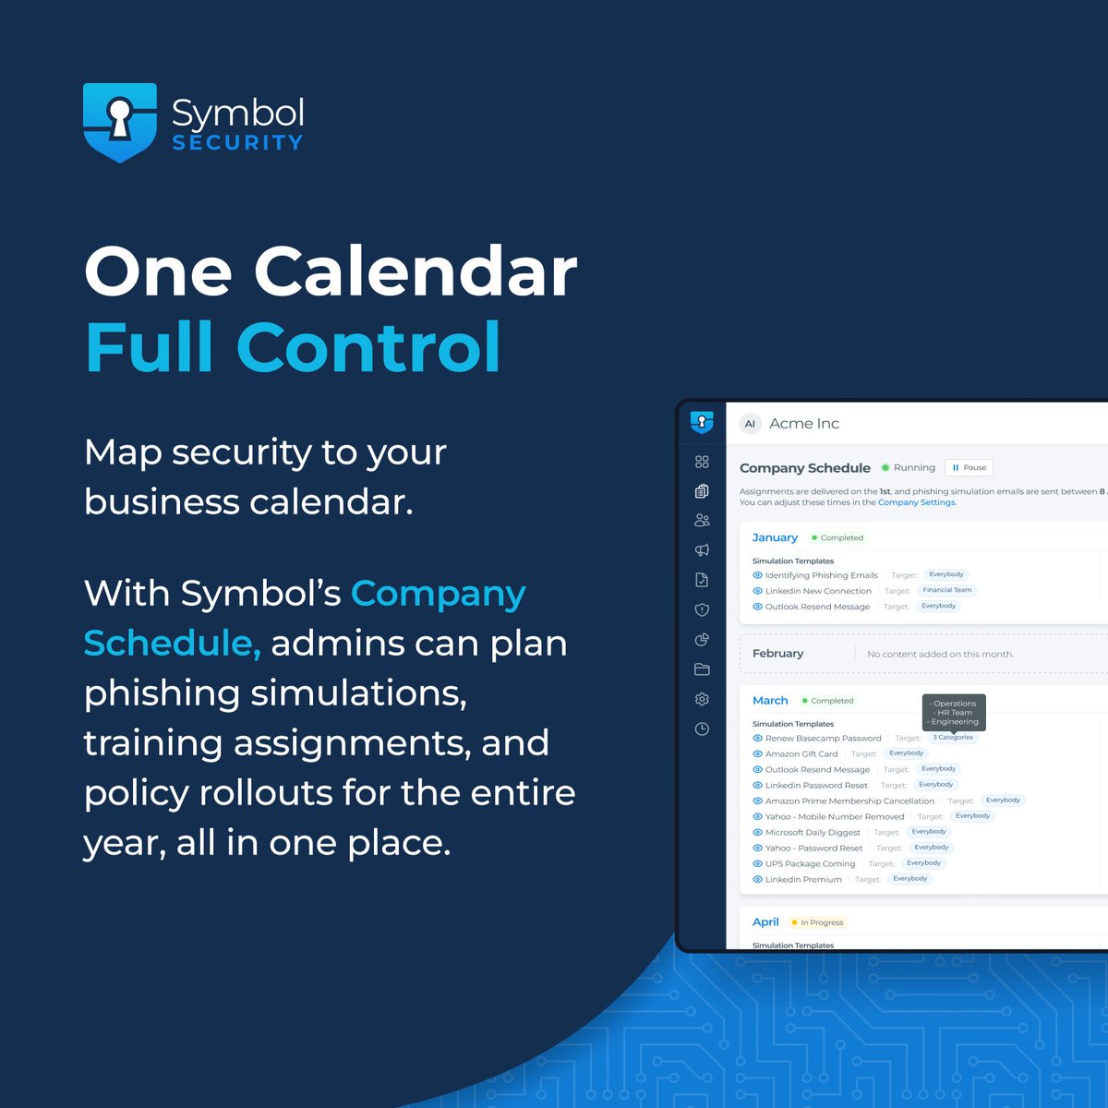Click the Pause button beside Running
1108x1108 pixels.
(x=969, y=468)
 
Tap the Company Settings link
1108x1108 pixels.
(x=917, y=503)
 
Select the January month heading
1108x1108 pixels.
(x=775, y=537)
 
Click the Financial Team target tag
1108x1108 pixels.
(x=946, y=590)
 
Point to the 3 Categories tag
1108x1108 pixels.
(x=952, y=738)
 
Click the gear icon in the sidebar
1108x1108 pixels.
(x=702, y=699)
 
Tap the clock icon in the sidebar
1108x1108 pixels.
(x=702, y=729)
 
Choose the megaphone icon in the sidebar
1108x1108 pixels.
(x=702, y=550)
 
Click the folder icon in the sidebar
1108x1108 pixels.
(x=702, y=669)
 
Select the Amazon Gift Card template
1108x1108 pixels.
(x=801, y=754)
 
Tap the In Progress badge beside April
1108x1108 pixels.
(x=817, y=922)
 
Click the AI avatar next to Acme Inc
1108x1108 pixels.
(x=750, y=424)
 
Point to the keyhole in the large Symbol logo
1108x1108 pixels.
(x=119, y=115)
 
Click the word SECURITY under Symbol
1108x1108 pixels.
(x=237, y=143)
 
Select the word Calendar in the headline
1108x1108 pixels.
(x=415, y=272)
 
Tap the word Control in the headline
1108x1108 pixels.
(x=368, y=347)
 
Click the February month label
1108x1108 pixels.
(x=777, y=654)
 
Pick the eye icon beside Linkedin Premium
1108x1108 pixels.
(x=757, y=880)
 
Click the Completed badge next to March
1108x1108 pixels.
(x=827, y=701)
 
